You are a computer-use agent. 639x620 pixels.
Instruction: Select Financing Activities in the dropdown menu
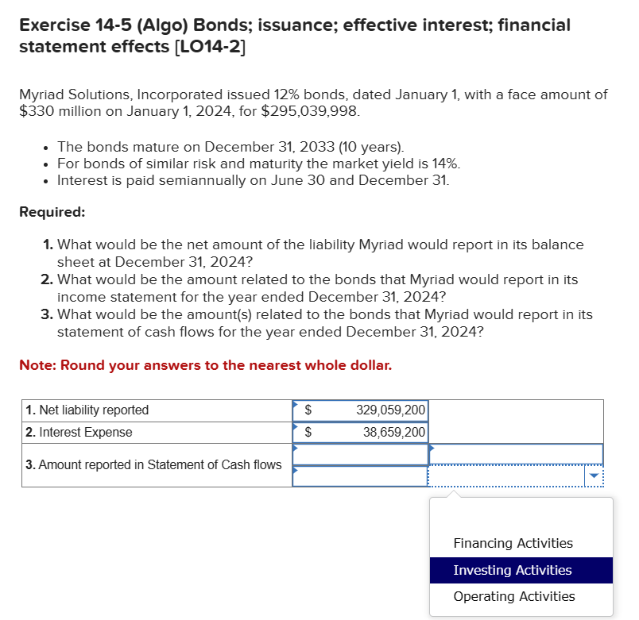click(x=513, y=543)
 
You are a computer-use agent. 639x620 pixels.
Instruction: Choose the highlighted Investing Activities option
click(x=513, y=570)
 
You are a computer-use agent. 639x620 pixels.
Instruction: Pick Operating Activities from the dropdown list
click(x=513, y=596)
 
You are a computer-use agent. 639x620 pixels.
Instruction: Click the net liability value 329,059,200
click(x=391, y=410)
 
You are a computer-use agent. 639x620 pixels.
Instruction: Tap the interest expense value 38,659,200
click(x=394, y=433)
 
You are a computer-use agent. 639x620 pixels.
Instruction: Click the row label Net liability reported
click(x=87, y=410)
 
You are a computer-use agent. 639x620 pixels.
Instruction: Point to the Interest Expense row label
click(x=79, y=433)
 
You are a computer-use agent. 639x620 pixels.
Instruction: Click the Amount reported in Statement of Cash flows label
click(x=153, y=464)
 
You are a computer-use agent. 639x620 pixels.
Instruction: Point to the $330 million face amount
click(x=60, y=111)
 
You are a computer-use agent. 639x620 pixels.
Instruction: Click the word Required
click(x=52, y=212)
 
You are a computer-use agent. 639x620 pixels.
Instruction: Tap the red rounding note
click(x=205, y=365)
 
